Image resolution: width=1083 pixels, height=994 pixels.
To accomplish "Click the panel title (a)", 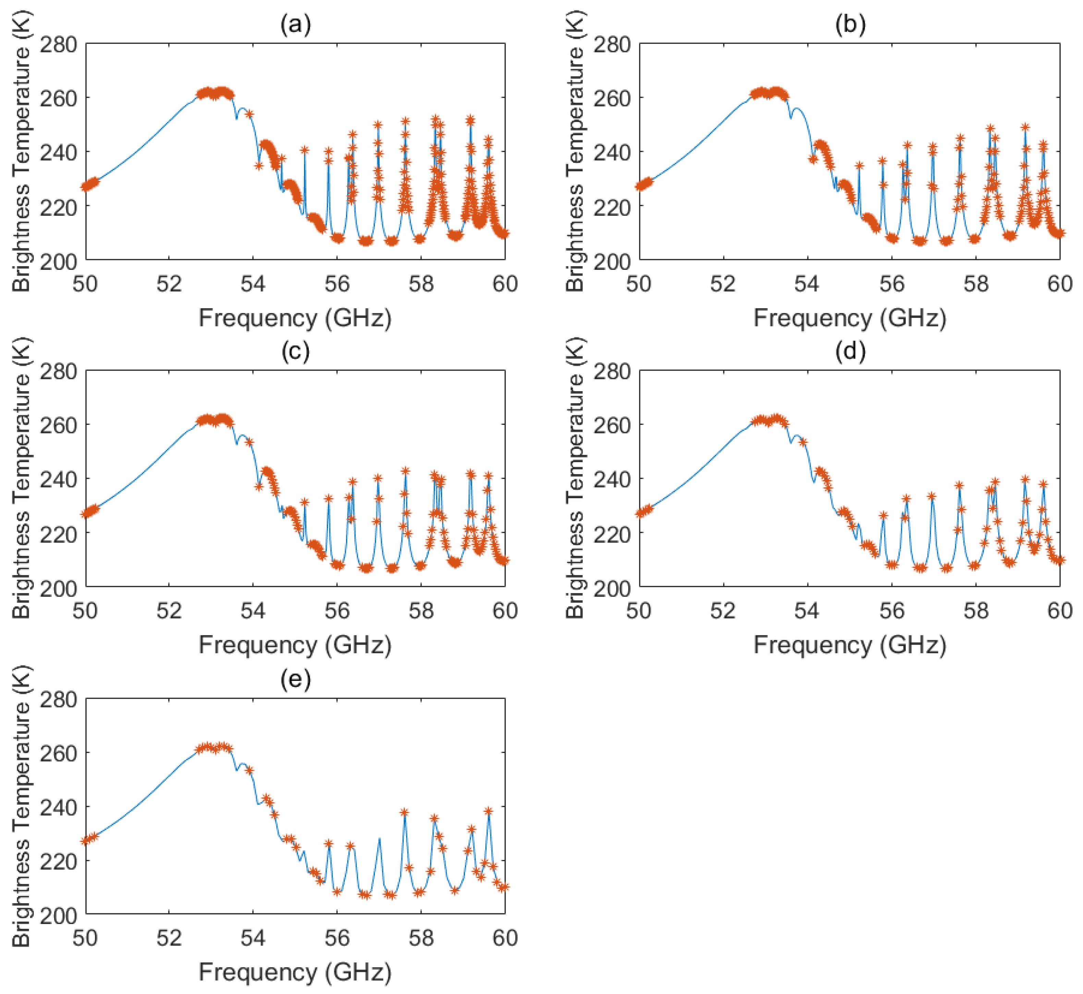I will point(295,25).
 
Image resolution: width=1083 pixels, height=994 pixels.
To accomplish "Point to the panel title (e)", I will point(295,679).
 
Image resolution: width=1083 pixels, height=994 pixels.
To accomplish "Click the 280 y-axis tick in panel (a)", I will point(58,44).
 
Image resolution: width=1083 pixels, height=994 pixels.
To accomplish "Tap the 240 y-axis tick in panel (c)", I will point(58,479).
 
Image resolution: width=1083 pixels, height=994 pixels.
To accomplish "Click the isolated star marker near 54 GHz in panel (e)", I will point(249,770).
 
